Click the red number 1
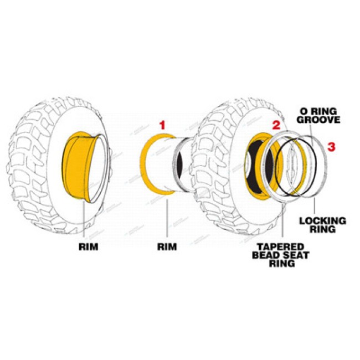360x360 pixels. (162, 126)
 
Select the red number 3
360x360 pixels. (331, 147)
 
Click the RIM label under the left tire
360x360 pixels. (87, 246)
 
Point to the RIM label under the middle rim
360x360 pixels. (167, 246)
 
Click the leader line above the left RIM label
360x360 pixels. (84, 222)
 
